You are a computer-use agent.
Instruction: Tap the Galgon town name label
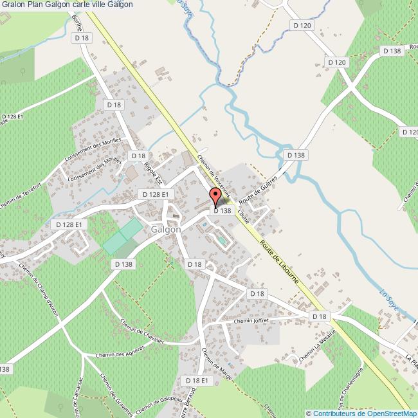(166, 229)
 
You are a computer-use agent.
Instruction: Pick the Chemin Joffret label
(251, 320)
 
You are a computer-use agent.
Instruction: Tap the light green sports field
(122, 235)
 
